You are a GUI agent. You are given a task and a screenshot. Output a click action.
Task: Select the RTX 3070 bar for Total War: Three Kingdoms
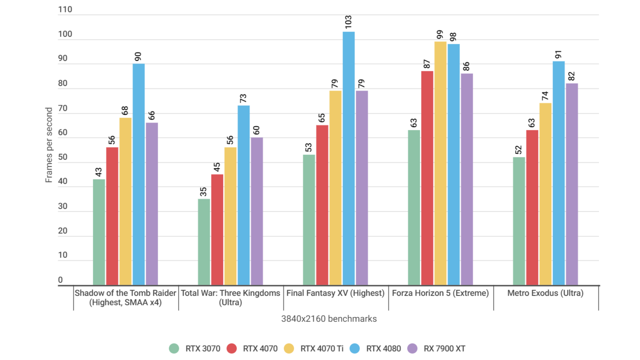point(204,242)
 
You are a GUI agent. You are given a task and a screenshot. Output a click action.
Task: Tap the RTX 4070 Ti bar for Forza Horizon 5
point(440,163)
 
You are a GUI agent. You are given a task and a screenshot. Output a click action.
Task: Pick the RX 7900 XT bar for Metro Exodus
point(572,184)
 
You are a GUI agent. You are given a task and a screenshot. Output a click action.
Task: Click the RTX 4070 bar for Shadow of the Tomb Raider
point(112,216)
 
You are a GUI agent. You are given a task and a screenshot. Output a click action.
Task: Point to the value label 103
point(348,22)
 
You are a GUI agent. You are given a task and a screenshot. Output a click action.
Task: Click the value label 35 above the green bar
point(203,192)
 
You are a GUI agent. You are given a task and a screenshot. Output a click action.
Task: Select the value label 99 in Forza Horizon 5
point(440,34)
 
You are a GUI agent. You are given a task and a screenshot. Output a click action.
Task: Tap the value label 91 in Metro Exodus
point(558,54)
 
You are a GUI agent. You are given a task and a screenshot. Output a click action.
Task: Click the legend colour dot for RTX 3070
point(174,349)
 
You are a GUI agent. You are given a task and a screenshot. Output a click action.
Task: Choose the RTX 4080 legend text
point(383,349)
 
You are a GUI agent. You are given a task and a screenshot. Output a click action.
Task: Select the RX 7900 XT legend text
point(444,349)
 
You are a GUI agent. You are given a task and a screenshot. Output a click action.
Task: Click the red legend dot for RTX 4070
point(232,349)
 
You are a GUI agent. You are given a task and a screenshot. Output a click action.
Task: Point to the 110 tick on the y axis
point(65,9)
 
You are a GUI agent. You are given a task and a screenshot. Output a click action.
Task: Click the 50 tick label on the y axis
point(63,157)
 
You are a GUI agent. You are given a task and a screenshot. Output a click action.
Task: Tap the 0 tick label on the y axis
point(60,280)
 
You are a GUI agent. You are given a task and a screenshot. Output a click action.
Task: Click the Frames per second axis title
point(49,145)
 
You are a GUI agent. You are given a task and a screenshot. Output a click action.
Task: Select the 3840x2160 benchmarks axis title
point(329,319)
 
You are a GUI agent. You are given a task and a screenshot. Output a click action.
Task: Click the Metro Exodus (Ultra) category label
point(545,293)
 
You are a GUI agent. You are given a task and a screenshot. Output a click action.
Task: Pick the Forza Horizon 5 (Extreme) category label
point(440,293)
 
